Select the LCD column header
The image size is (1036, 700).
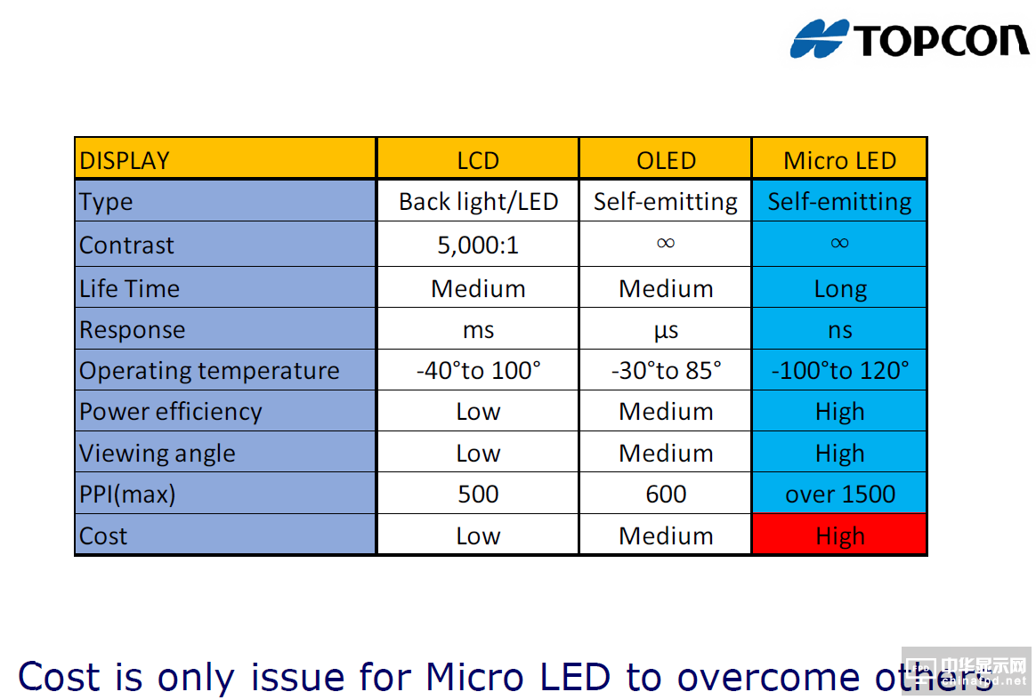[x=478, y=160]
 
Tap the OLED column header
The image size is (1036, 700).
[x=666, y=160]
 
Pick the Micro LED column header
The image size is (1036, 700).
[x=839, y=160]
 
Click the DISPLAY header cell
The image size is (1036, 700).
[x=125, y=160]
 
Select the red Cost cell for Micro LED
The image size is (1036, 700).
[x=839, y=535]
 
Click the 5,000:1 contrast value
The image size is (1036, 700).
[x=478, y=245]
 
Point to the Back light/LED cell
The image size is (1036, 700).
[x=478, y=202]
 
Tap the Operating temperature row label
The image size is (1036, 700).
[x=209, y=370]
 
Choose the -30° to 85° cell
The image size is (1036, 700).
[x=666, y=370]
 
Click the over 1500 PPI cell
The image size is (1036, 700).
[x=839, y=495]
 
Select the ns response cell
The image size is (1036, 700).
[x=839, y=330]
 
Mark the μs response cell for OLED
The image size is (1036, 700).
[x=666, y=330]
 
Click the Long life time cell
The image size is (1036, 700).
[x=839, y=289]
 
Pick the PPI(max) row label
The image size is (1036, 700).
[x=127, y=495]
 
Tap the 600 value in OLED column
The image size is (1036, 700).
[x=666, y=495]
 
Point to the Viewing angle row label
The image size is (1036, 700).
[x=158, y=453]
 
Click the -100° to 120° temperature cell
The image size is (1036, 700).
[x=839, y=370]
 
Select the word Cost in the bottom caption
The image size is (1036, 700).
[x=60, y=677]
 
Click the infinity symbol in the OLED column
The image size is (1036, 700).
[x=666, y=243]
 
